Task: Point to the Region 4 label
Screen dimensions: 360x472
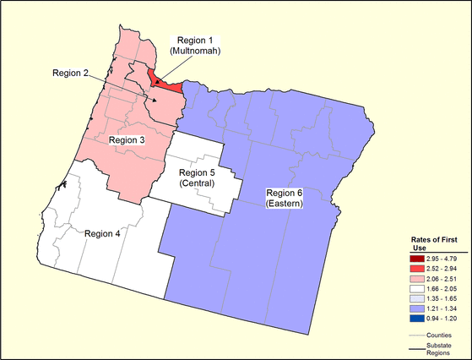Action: coord(110,233)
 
